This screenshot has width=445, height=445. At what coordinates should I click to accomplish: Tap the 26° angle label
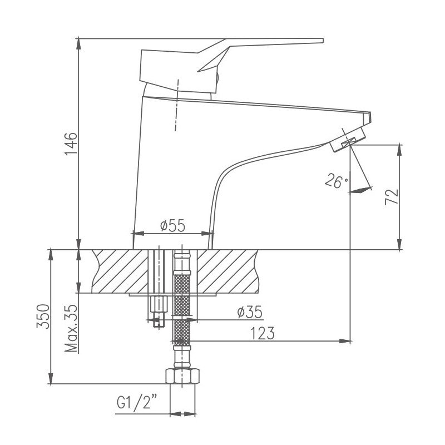(x=335, y=181)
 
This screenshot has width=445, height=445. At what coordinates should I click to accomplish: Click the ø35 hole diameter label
(x=249, y=312)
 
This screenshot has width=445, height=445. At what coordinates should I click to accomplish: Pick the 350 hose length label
(x=43, y=317)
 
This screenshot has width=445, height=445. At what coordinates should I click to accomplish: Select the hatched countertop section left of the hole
(x=120, y=271)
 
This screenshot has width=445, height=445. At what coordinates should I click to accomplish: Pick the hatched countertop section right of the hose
(x=228, y=271)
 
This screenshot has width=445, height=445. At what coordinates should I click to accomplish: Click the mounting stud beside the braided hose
(x=158, y=284)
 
